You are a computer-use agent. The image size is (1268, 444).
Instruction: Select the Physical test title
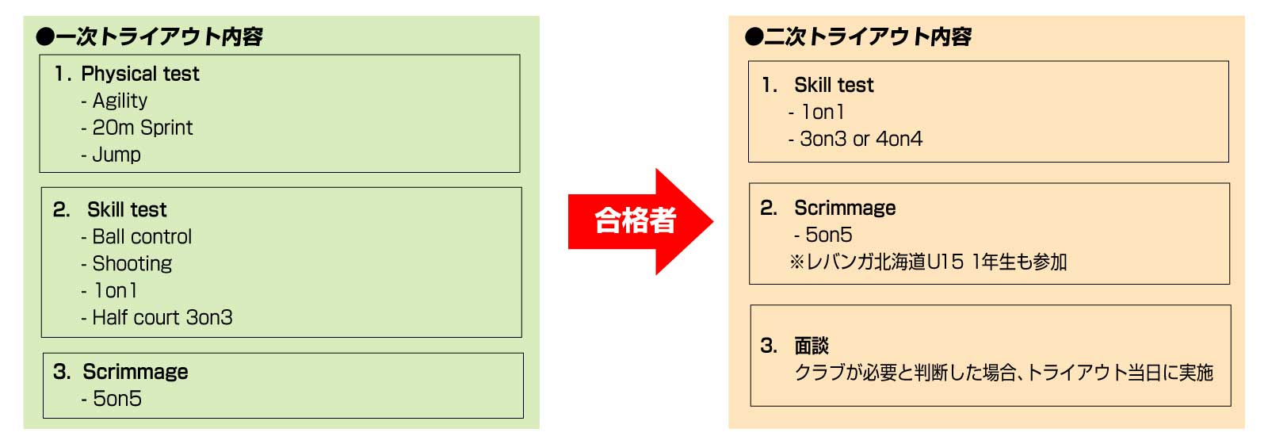[139, 74]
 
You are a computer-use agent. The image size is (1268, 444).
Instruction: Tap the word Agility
[120, 101]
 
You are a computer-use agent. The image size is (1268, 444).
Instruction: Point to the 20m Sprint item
[142, 128]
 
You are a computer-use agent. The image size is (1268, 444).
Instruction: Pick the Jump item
[116, 155]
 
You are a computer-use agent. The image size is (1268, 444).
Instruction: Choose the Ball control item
[142, 236]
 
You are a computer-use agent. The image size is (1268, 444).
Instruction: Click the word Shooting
[132, 263]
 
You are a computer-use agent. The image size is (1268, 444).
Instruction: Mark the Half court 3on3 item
[162, 317]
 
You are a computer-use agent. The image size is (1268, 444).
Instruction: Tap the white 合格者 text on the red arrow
[635, 220]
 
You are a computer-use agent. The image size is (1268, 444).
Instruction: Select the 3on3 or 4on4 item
[861, 139]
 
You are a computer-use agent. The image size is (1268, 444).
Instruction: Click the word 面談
[811, 346]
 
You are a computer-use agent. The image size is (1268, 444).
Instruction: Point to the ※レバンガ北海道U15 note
[928, 262]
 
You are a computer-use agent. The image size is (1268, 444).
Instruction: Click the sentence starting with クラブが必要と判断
[1003, 373]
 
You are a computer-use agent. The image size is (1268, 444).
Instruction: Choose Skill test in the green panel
[127, 209]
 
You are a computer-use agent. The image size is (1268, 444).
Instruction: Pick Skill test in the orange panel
[834, 85]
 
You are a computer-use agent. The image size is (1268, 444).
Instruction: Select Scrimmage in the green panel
[135, 372]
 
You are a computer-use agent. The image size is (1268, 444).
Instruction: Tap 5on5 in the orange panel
[828, 235]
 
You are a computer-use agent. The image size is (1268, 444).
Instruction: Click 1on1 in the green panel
[116, 290]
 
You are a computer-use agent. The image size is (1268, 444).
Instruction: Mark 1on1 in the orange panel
[823, 112]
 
